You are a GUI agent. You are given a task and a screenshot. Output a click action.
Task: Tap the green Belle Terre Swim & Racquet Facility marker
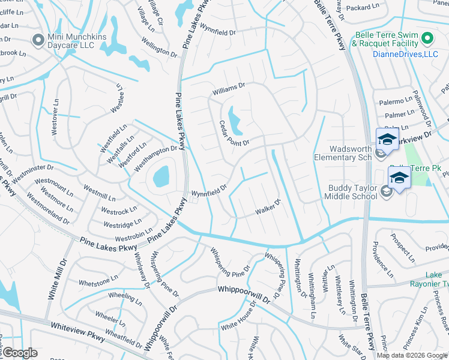click(x=427, y=40)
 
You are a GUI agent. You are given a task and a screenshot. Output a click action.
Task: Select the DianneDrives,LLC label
click(x=397, y=55)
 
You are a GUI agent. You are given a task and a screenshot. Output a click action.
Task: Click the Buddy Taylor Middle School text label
click(x=352, y=192)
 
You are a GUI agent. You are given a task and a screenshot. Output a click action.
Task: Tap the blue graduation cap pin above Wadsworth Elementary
click(x=387, y=140)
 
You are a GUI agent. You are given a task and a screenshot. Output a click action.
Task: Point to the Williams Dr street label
click(x=229, y=89)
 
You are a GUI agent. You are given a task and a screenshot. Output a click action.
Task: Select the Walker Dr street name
click(x=268, y=207)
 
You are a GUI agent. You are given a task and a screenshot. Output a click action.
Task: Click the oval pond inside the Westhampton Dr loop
click(x=161, y=177)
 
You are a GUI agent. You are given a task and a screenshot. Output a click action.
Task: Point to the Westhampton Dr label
click(x=156, y=153)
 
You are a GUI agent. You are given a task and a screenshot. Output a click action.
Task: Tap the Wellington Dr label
click(x=159, y=47)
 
